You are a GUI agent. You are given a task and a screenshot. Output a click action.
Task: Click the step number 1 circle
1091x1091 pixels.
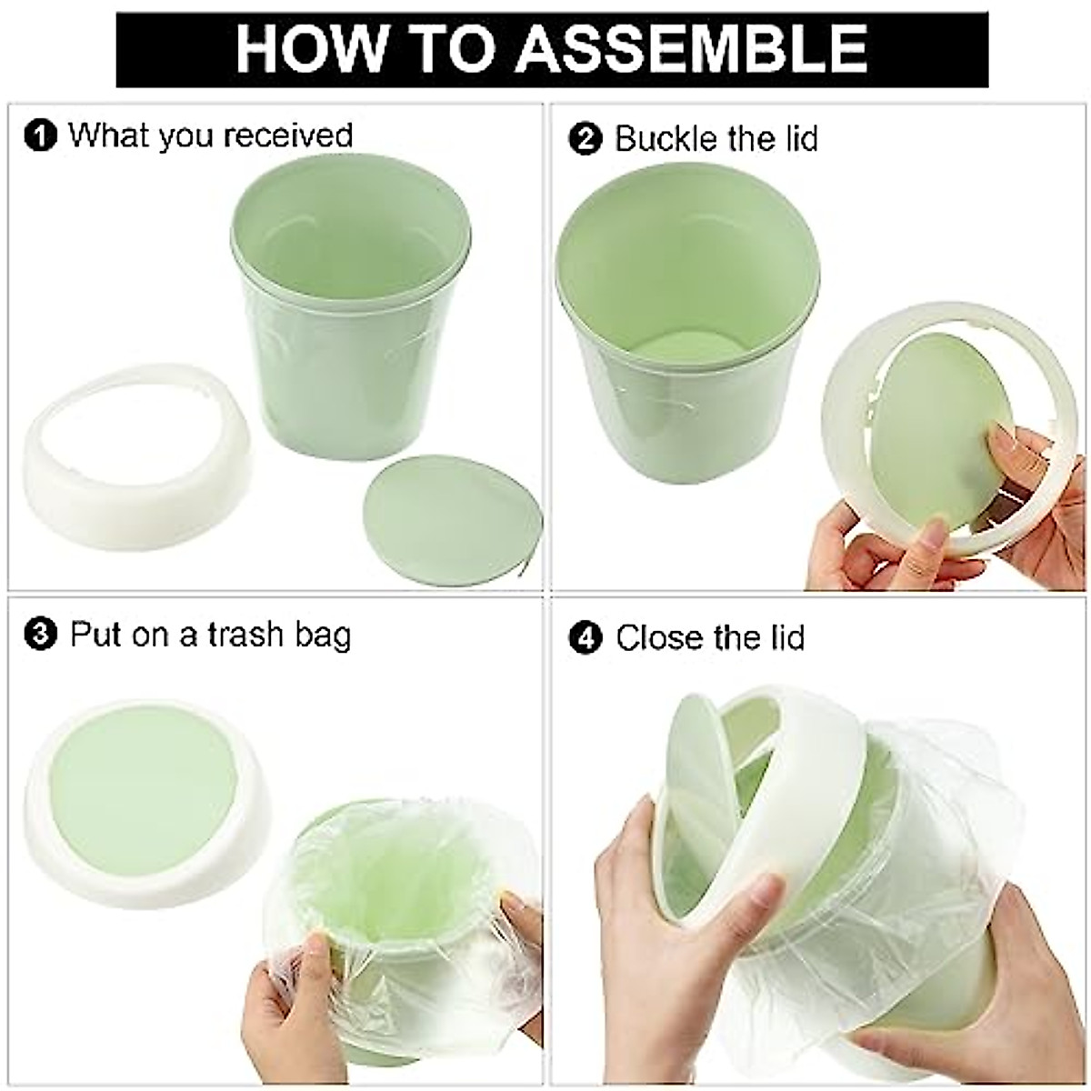[x=40, y=137]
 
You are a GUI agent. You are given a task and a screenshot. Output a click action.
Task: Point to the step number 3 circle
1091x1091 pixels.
[x=40, y=635]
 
